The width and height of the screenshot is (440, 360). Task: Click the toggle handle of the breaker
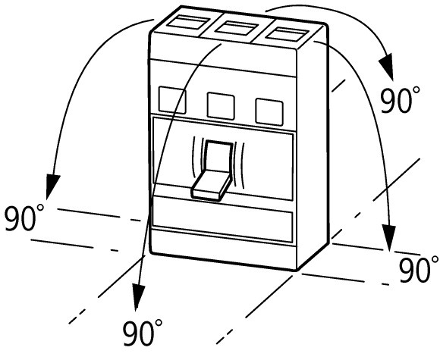(x=212, y=171)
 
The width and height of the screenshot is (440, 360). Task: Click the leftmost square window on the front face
(x=172, y=100)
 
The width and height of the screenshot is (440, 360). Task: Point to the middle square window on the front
(x=221, y=106)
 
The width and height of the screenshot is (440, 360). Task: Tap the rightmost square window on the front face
(x=269, y=112)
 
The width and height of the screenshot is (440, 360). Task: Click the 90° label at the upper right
(x=400, y=99)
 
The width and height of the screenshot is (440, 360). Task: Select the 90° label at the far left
(x=24, y=218)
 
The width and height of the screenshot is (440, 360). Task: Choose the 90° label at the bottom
(x=143, y=333)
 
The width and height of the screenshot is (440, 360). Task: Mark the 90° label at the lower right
(x=419, y=268)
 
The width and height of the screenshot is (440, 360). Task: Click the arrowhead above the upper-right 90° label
(x=386, y=67)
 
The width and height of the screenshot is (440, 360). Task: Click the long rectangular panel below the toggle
(x=222, y=220)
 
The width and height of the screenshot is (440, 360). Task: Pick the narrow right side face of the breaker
(x=313, y=146)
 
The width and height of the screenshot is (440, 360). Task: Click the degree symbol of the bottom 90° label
(x=159, y=323)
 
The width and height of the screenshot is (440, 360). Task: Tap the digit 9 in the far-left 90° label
(x=14, y=218)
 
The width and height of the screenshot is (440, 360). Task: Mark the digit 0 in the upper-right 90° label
(x=403, y=100)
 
